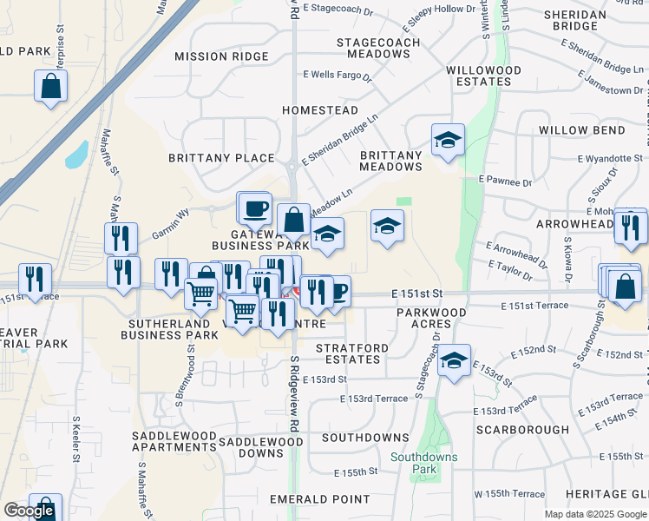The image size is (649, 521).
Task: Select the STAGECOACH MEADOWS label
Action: point(378,49)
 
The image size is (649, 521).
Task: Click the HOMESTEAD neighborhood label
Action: point(320,110)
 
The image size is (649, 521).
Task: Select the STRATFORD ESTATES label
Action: point(351,354)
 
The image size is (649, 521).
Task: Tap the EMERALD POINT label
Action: point(320,499)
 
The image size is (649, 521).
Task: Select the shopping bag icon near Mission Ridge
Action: point(51,86)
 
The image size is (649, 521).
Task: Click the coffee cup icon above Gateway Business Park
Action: point(253,208)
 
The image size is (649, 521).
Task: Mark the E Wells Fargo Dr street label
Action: point(337,76)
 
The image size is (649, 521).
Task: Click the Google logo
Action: point(28,511)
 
